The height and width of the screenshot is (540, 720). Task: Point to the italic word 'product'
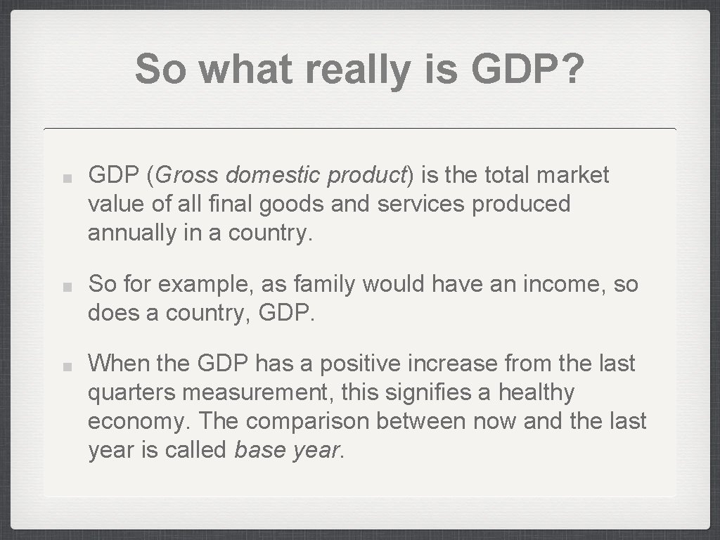tap(368, 174)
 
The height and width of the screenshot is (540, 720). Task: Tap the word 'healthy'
tap(536, 392)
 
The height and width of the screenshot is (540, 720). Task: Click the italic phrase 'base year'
tap(286, 450)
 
